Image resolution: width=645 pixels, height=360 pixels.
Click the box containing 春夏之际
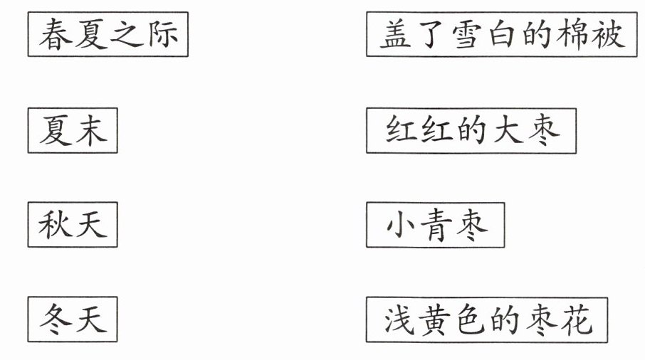click(108, 34)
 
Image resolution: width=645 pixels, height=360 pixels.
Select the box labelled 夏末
click(73, 130)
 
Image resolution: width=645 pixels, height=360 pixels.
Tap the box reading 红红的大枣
click(471, 130)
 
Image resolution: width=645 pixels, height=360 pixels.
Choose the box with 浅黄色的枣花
click(487, 320)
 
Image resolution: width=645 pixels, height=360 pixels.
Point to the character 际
click(162, 34)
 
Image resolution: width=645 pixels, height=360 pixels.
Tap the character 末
click(90, 130)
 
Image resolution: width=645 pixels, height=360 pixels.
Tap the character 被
click(607, 33)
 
